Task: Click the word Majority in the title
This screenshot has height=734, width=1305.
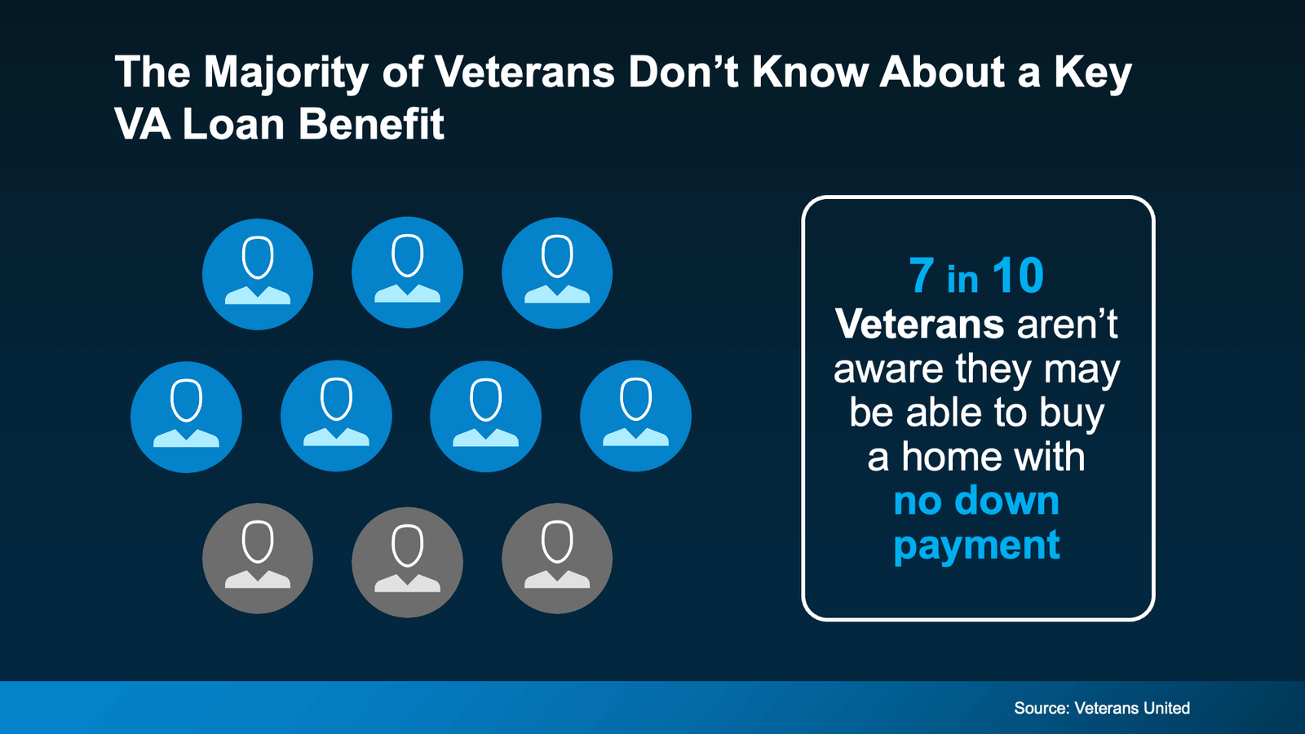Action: [286, 73]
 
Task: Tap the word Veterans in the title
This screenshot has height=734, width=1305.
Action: [524, 72]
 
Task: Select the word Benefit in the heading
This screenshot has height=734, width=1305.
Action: [371, 125]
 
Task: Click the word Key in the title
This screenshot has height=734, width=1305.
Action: [1092, 73]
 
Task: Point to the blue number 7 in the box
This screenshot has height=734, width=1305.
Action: [922, 276]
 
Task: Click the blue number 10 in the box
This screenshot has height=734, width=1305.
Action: [1018, 276]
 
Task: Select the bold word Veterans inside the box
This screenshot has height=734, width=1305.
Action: [919, 324]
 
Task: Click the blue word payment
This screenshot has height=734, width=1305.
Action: [976, 546]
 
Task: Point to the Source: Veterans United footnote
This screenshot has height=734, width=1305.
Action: [1101, 708]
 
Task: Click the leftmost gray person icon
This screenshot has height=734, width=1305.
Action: [258, 559]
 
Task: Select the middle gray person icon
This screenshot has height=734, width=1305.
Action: [407, 561]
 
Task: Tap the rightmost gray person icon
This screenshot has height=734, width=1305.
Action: [557, 559]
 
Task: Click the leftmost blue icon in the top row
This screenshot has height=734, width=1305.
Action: [258, 274]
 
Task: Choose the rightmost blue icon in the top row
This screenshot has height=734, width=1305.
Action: [557, 272]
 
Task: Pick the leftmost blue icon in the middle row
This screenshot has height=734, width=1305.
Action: [186, 417]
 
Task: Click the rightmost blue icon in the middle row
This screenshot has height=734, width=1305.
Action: [635, 416]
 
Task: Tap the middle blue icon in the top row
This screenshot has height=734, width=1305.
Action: [407, 272]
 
